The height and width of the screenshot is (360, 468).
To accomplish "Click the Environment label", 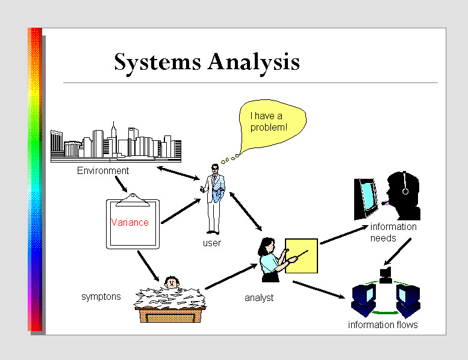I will point(103,171).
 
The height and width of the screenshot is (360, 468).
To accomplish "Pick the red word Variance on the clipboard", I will point(129,222).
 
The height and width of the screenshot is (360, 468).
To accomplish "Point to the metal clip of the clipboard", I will point(132,196).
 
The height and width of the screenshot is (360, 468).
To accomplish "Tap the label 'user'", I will point(212,243).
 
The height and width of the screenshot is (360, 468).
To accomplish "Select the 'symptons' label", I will point(101,297).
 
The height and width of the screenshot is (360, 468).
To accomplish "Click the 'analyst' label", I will point(259,297).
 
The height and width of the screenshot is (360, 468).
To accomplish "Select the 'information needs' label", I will point(393,232).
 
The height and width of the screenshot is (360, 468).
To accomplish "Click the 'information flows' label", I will point(383,325).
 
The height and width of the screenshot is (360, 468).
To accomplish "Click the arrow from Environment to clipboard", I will point(122,183).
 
